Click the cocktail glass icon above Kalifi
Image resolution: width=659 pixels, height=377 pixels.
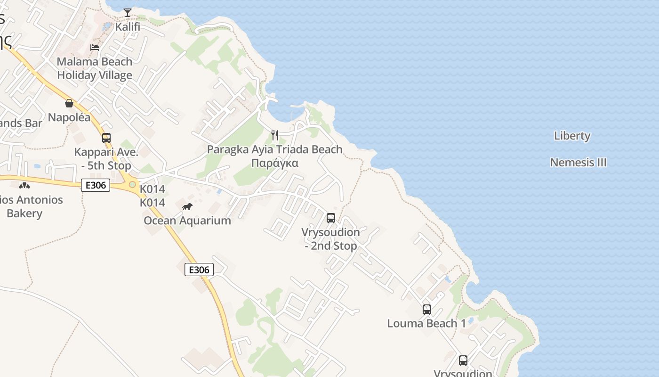[128, 12]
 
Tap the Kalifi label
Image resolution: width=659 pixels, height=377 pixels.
[128, 26]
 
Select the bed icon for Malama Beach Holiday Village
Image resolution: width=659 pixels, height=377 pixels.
[95, 48]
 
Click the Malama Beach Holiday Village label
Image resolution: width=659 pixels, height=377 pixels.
[95, 68]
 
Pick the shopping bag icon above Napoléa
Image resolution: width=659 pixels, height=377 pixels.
[69, 103]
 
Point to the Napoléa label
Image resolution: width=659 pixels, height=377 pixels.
[69, 117]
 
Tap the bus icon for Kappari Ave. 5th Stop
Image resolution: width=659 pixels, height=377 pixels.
[106, 138]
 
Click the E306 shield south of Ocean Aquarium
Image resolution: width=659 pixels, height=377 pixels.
[199, 270]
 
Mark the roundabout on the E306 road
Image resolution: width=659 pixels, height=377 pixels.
[133, 184]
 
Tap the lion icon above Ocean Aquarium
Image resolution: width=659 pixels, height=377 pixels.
[187, 206]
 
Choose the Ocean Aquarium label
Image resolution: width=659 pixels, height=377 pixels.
[187, 221]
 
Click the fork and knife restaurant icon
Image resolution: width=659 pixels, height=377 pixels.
[275, 136]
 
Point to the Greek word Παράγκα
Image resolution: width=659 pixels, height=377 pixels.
[275, 163]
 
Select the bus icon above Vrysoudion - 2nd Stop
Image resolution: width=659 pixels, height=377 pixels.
[331, 218]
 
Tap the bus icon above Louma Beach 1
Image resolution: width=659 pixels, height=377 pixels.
[427, 310]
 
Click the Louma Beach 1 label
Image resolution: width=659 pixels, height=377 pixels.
[426, 323]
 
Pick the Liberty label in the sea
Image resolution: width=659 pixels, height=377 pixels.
[572, 136]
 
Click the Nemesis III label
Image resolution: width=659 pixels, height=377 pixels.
[579, 163]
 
